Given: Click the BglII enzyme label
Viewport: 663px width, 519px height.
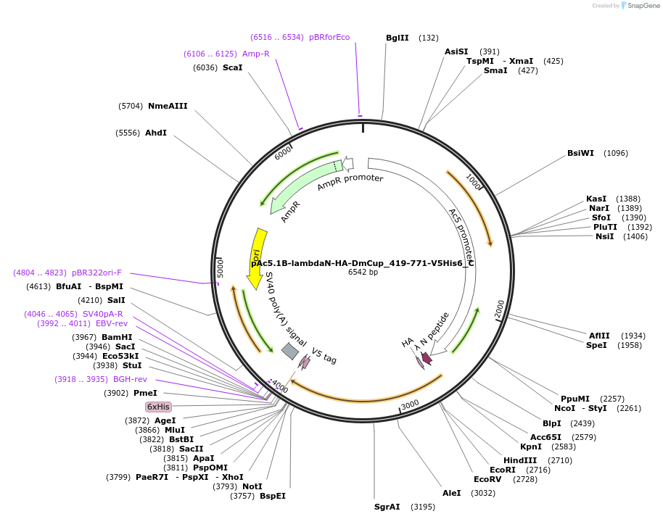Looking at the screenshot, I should tap(397, 38).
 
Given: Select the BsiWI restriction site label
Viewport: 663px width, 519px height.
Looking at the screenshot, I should tap(580, 153).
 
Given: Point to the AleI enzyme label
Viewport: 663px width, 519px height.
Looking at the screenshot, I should tap(451, 493).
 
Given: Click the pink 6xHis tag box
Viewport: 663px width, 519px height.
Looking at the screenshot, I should tap(158, 407).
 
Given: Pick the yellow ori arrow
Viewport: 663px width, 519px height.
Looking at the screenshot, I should tap(257, 250).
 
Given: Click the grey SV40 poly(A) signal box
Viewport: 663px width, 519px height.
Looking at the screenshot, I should tap(289, 352).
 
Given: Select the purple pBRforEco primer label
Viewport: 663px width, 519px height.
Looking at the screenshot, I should tap(329, 37).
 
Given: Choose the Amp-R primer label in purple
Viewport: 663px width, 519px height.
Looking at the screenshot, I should tap(256, 54).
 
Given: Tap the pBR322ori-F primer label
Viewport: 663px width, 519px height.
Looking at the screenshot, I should tap(96, 273).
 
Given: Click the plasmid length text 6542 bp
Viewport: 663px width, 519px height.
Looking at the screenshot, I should tap(363, 273).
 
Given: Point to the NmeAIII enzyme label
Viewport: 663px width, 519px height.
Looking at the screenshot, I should tap(168, 106).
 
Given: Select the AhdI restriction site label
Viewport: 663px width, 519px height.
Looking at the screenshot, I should tap(156, 133).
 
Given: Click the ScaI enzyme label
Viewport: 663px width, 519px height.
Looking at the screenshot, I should tap(232, 67).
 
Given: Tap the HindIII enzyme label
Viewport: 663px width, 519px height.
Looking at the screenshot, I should tap(520, 460).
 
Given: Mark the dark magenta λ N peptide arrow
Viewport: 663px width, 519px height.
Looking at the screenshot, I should tap(427, 357).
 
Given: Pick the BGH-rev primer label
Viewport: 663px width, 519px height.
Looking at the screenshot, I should tap(130, 379).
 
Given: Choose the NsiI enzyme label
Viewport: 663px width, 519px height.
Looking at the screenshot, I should tap(604, 236).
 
